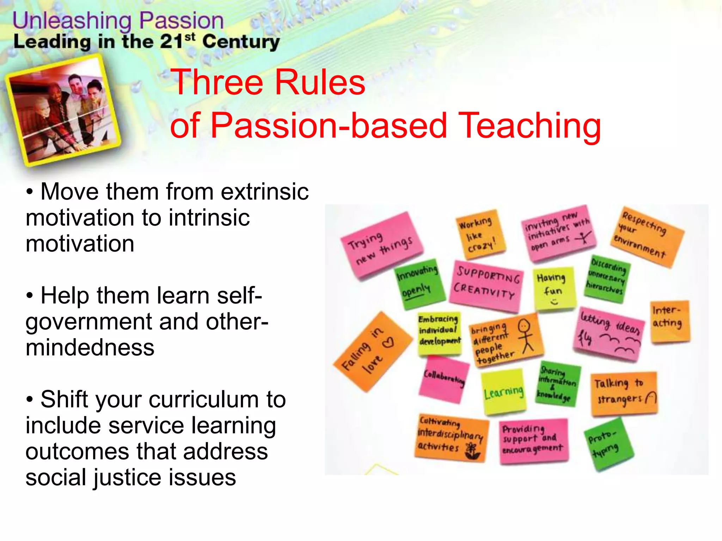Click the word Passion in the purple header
[x=181, y=21]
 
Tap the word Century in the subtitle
[x=241, y=42]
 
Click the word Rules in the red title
[x=319, y=82]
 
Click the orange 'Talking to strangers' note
[x=623, y=393]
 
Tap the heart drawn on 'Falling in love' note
[x=388, y=342]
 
